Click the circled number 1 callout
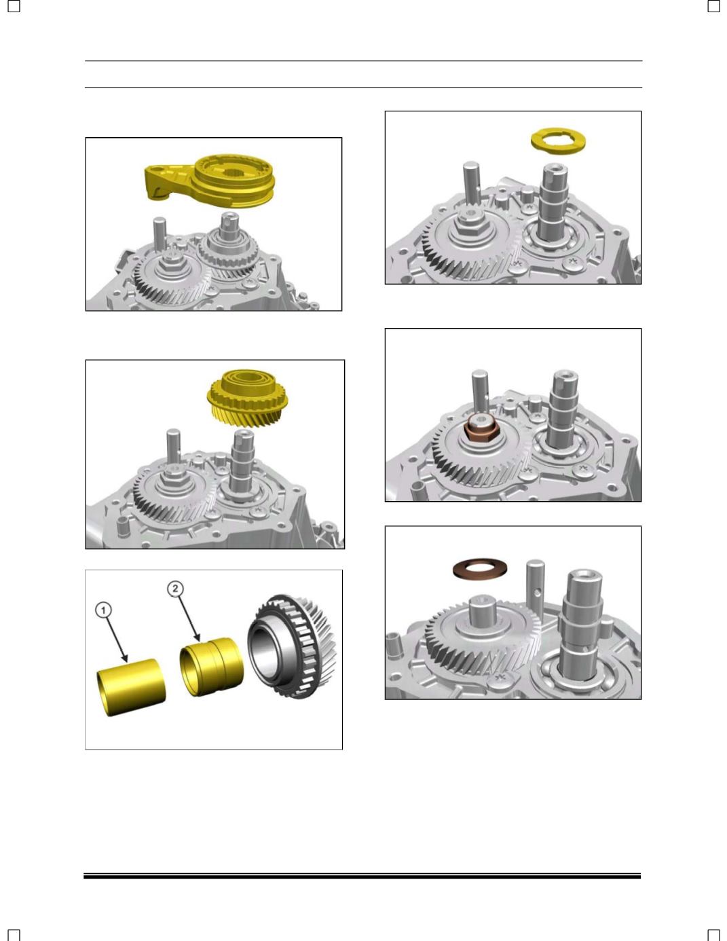(x=103, y=610)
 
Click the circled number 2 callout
(x=175, y=589)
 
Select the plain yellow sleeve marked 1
(x=131, y=687)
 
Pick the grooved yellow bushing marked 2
(x=212, y=667)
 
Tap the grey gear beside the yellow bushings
(x=292, y=646)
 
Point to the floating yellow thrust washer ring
(x=558, y=141)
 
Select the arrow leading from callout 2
(x=188, y=619)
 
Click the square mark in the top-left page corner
(x=14, y=6)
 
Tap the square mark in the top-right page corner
(x=713, y=6)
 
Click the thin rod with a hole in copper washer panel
(x=535, y=583)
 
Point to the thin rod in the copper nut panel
(x=480, y=390)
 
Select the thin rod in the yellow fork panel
(x=160, y=236)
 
